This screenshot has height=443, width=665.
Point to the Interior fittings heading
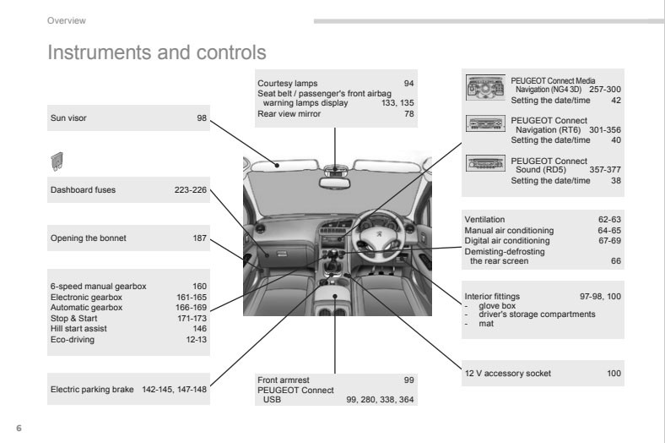pyautogui.click(x=493, y=297)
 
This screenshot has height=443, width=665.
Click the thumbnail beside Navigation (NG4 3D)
pyautogui.click(x=485, y=86)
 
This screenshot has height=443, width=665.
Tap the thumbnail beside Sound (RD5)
pyautogui.click(x=485, y=165)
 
